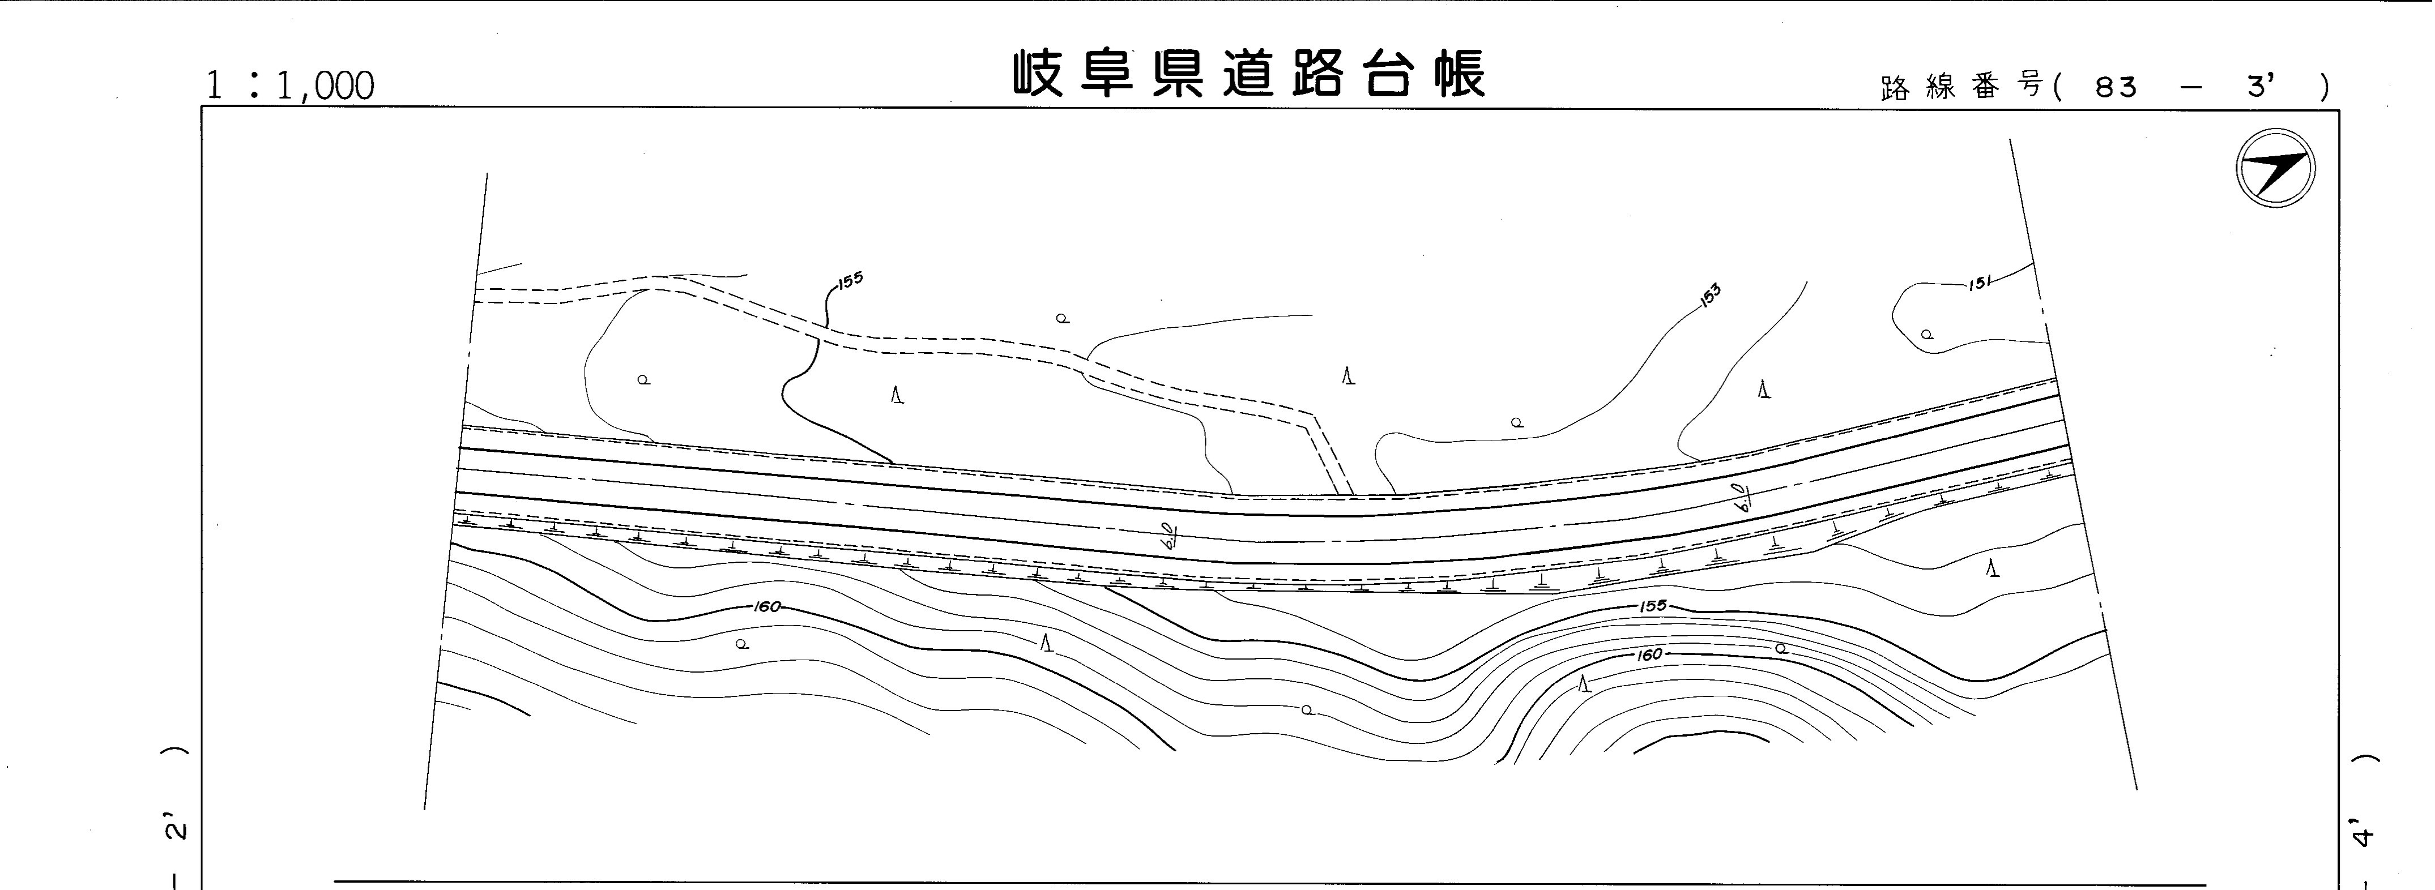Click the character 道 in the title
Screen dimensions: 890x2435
pos(1249,74)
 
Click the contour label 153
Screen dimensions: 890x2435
pos(1709,295)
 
